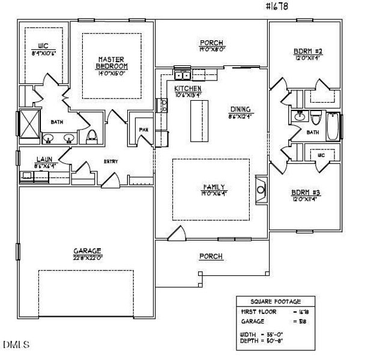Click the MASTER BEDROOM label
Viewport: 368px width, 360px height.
pyautogui.click(x=112, y=62)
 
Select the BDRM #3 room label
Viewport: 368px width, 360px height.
pyautogui.click(x=306, y=192)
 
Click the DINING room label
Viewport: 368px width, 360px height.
pyautogui.click(x=240, y=109)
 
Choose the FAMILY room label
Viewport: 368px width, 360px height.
pyautogui.click(x=211, y=187)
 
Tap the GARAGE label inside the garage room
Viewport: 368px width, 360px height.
pyautogui.click(x=87, y=251)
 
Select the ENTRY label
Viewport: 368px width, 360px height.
pyautogui.click(x=110, y=161)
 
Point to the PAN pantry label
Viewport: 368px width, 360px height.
pyautogui.click(x=143, y=129)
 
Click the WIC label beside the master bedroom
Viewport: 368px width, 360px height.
pyautogui.click(x=43, y=45)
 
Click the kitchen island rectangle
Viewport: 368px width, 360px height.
pyautogui.click(x=200, y=119)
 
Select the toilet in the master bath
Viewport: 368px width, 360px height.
pyautogui.click(x=92, y=134)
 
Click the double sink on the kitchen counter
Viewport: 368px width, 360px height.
pyautogui.click(x=182, y=75)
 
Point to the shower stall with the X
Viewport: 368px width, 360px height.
pyautogui.click(x=28, y=124)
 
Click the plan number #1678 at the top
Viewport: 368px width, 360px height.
pyautogui.click(x=276, y=8)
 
